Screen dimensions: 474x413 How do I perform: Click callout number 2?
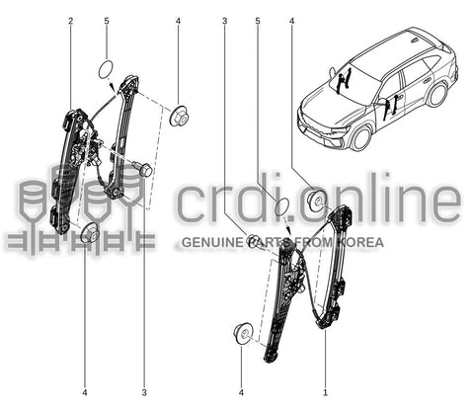point(71,21)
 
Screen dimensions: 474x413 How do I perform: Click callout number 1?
point(325,392)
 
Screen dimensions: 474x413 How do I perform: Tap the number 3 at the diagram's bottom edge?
point(144,392)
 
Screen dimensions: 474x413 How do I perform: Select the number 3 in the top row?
point(224,21)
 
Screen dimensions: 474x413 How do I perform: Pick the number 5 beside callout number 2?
point(107,21)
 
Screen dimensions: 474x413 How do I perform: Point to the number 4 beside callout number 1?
point(241,392)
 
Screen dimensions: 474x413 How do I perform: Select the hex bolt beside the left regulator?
point(142,168)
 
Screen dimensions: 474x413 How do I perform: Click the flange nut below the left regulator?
point(90,233)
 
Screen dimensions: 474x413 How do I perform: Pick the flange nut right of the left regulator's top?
point(179,116)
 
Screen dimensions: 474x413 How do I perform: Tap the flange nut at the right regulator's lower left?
point(243,334)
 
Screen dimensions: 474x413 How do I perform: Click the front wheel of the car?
point(361,137)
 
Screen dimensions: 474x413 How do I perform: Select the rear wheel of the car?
point(436,95)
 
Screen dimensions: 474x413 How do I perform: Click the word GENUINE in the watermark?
point(212,242)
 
